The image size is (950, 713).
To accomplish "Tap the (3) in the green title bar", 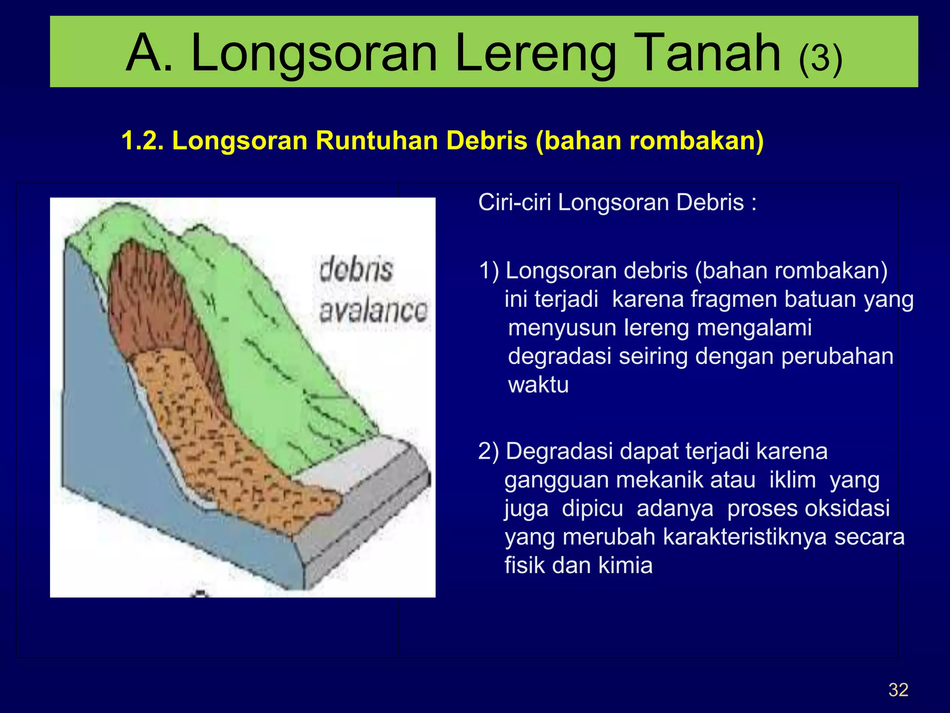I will [820, 58].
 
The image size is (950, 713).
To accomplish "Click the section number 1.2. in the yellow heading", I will [142, 140].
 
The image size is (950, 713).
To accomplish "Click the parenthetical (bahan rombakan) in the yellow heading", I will [649, 141].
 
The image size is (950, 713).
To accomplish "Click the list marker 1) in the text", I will [489, 271].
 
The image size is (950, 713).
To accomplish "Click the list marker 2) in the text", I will [489, 451].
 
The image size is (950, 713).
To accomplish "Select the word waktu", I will [538, 385].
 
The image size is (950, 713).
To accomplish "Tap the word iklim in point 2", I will [792, 480].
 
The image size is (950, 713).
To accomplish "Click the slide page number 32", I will [898, 690].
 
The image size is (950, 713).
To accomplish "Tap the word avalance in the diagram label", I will [373, 311].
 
